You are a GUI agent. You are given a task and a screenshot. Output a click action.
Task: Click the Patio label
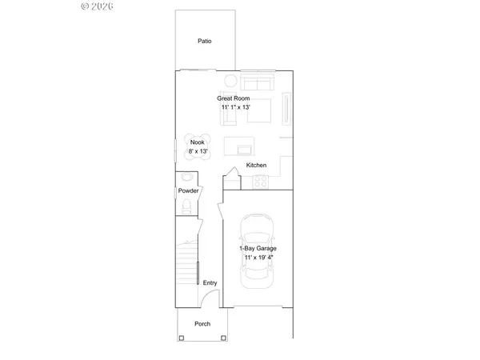205,41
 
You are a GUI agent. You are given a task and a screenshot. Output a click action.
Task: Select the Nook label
197,142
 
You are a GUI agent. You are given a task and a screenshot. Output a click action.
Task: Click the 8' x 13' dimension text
197,150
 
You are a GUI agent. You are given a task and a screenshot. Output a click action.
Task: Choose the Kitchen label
256,166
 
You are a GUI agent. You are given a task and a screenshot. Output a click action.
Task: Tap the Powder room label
188,191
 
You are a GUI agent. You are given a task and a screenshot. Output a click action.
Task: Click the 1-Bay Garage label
258,249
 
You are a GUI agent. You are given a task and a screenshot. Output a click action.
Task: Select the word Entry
210,282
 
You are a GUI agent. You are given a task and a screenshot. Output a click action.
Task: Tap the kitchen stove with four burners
260,182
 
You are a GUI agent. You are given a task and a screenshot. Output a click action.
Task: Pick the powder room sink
187,178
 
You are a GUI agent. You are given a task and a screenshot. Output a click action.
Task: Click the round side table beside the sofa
230,80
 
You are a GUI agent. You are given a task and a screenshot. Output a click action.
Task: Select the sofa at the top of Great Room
258,83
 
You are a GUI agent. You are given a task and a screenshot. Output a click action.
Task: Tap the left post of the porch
182,338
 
